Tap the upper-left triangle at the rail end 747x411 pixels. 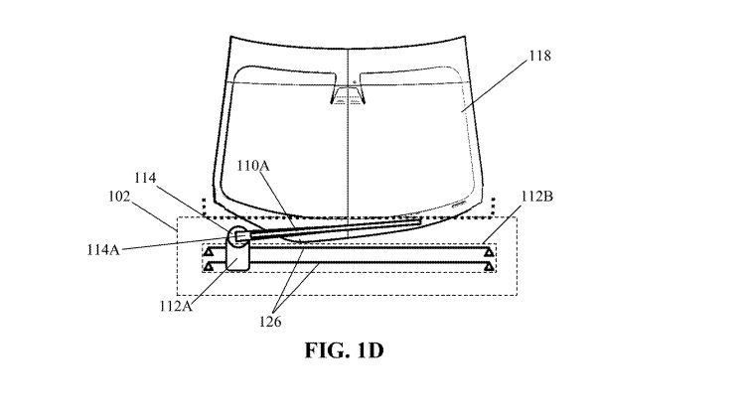pos(209,253)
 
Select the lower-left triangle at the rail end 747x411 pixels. pos(209,267)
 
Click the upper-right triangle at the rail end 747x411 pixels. pos(489,253)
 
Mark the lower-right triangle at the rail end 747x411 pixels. pos(489,267)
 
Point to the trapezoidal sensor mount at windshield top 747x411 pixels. pos(347,95)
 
